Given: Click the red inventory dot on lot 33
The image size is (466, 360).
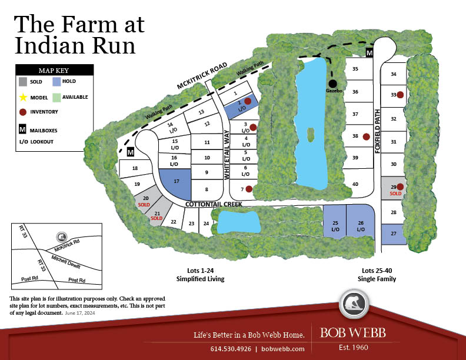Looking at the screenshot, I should [400, 95].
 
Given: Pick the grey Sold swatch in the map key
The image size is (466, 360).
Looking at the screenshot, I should [23, 82].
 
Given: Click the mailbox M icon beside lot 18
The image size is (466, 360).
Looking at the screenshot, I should [131, 152].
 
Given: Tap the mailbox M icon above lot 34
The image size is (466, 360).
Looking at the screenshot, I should [370, 53].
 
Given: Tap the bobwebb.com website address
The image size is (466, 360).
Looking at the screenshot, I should [283, 348].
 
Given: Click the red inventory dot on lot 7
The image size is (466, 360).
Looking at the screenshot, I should [249, 189].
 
